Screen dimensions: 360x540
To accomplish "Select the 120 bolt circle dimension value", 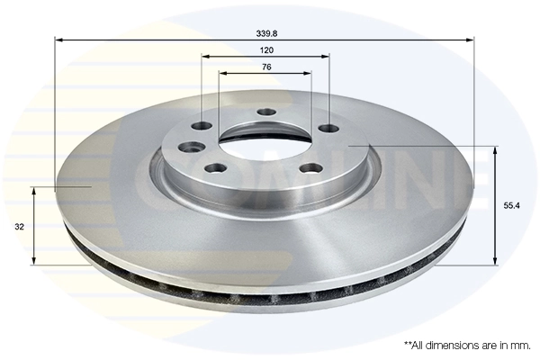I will pyautogui.click(x=266, y=49).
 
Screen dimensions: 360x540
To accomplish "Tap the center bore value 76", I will pyautogui.click(x=266, y=67).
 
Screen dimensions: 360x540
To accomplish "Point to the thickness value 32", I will pyautogui.click(x=19, y=228).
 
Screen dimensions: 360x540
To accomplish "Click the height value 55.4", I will pyautogui.click(x=510, y=205).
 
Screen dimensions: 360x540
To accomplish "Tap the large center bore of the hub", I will pyautogui.click(x=266, y=139).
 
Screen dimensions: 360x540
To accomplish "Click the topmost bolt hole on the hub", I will pyautogui.click(x=265, y=112).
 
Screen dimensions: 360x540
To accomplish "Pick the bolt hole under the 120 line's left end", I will pyautogui.click(x=202, y=127).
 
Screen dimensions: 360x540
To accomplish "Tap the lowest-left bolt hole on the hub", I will pyautogui.click(x=213, y=168).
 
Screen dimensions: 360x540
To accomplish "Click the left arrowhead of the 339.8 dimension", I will pyautogui.click(x=58, y=39).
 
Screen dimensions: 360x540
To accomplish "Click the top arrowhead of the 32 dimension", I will pyautogui.click(x=34, y=191).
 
